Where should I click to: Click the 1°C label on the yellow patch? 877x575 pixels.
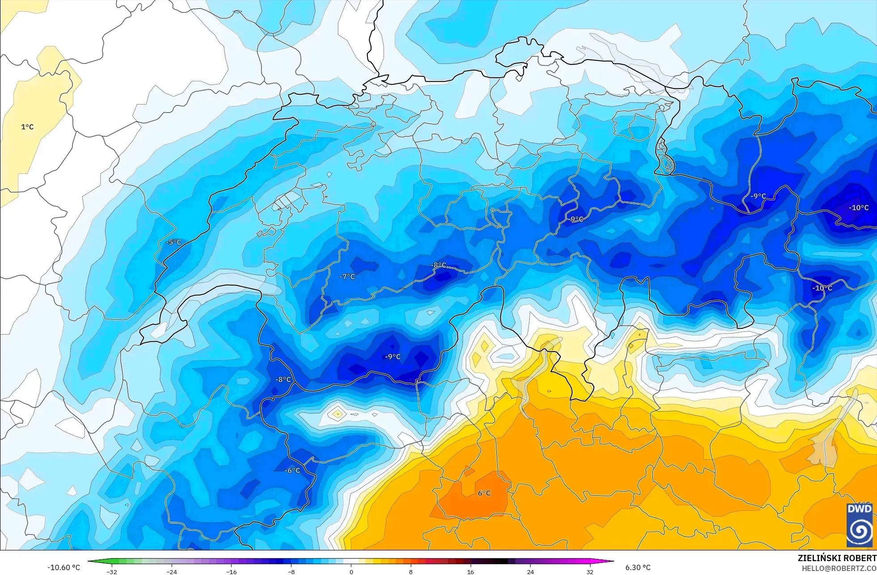27,127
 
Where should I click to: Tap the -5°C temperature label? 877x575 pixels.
173,242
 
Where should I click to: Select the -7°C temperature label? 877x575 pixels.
347,277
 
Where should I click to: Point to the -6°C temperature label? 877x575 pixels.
292,470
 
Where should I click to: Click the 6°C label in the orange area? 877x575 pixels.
484,493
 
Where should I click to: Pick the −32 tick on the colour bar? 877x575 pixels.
112,571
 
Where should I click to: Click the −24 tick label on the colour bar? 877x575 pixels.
172,571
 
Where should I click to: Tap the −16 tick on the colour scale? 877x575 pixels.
231,571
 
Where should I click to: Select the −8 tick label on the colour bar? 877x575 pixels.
291,571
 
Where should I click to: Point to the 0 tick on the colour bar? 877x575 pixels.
351,571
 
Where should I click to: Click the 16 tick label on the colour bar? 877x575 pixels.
470,571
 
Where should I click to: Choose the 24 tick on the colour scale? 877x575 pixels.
530,571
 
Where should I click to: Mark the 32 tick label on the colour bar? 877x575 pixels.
590,571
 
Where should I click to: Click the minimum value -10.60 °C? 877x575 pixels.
63,567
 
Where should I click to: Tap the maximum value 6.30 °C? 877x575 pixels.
638,567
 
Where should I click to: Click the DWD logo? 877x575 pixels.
859,525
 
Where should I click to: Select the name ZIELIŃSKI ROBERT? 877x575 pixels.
837,558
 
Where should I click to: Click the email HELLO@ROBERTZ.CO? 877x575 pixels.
839,568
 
